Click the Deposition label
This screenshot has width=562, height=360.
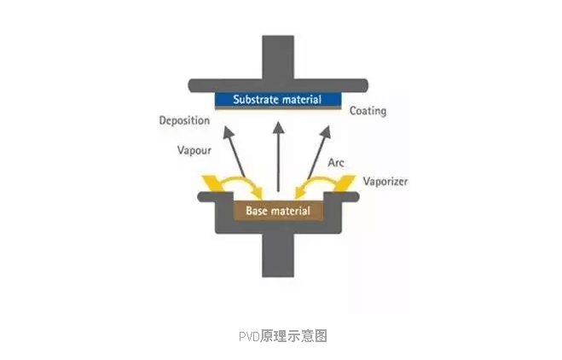click(x=184, y=120)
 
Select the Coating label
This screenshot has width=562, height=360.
click(x=368, y=111)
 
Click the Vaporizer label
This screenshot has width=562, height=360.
click(x=385, y=182)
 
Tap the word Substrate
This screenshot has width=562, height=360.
click(x=254, y=99)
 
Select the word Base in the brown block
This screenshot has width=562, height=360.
click(x=258, y=210)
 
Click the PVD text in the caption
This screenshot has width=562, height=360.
click(x=248, y=335)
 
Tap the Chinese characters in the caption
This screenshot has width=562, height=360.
click(x=293, y=335)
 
